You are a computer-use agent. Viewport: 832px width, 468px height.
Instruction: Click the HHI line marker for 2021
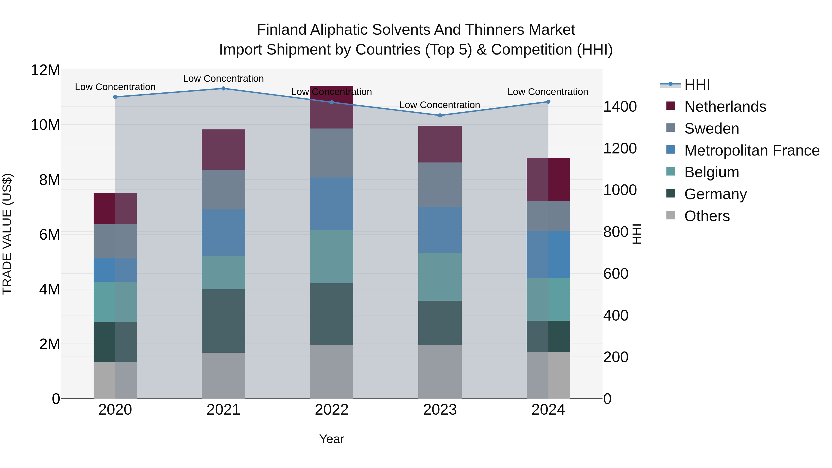tap(223, 89)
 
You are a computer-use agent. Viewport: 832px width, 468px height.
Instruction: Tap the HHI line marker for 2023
tap(440, 115)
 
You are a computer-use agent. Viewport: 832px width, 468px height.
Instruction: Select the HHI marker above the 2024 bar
tap(548, 102)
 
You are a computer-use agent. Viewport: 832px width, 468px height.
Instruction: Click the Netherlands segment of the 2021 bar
tap(223, 150)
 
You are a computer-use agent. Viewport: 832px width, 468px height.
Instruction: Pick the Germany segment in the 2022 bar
tap(331, 314)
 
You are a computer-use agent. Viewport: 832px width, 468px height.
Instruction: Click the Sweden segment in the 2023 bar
tap(440, 184)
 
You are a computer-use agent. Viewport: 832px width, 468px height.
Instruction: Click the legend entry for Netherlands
tap(725, 107)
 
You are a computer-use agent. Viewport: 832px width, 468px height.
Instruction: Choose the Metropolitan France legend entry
tap(752, 150)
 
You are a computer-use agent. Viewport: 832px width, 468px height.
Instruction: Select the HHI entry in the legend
tap(697, 85)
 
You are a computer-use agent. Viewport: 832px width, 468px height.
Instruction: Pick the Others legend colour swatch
tap(670, 215)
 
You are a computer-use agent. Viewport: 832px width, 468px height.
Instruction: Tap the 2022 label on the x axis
tap(331, 410)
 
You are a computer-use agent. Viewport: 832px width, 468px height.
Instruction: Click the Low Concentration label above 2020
tap(115, 87)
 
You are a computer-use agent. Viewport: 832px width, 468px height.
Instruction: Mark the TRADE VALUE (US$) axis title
tap(7, 234)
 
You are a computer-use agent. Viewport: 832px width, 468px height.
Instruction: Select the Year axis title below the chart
tap(331, 439)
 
